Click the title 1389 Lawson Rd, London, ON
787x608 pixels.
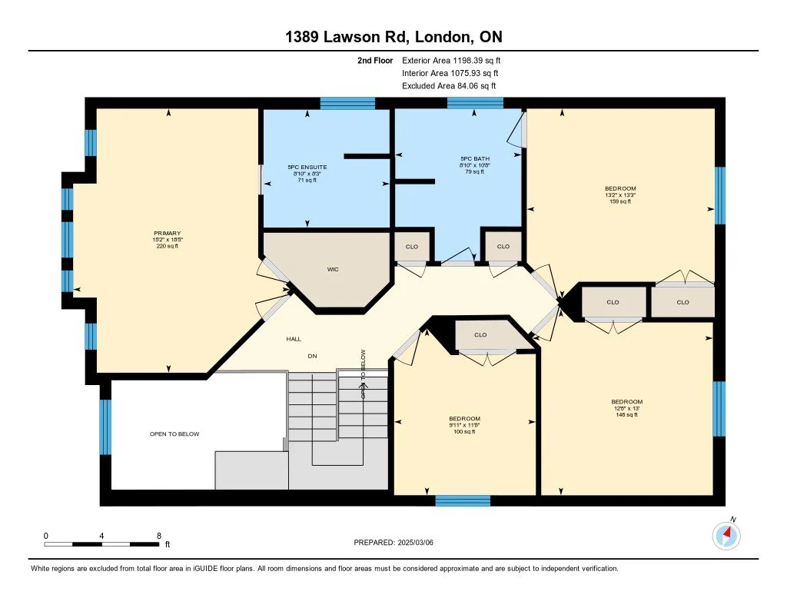click(393, 37)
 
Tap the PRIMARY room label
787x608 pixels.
click(167, 233)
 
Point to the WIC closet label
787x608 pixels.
click(333, 270)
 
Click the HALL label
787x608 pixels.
click(294, 339)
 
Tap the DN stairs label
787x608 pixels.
click(312, 356)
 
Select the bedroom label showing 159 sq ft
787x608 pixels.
click(620, 188)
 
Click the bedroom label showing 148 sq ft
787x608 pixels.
click(626, 402)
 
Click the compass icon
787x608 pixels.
click(726, 535)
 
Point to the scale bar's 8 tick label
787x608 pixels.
click(158, 535)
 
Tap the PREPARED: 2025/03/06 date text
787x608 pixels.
click(399, 543)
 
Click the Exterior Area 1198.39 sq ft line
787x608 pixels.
click(451, 60)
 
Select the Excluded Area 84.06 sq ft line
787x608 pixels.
click(449, 86)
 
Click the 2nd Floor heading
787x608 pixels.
click(375, 60)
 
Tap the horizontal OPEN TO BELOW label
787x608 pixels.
click(174, 434)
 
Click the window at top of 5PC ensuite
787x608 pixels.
click(347, 103)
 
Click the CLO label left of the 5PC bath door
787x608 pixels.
click(411, 247)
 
